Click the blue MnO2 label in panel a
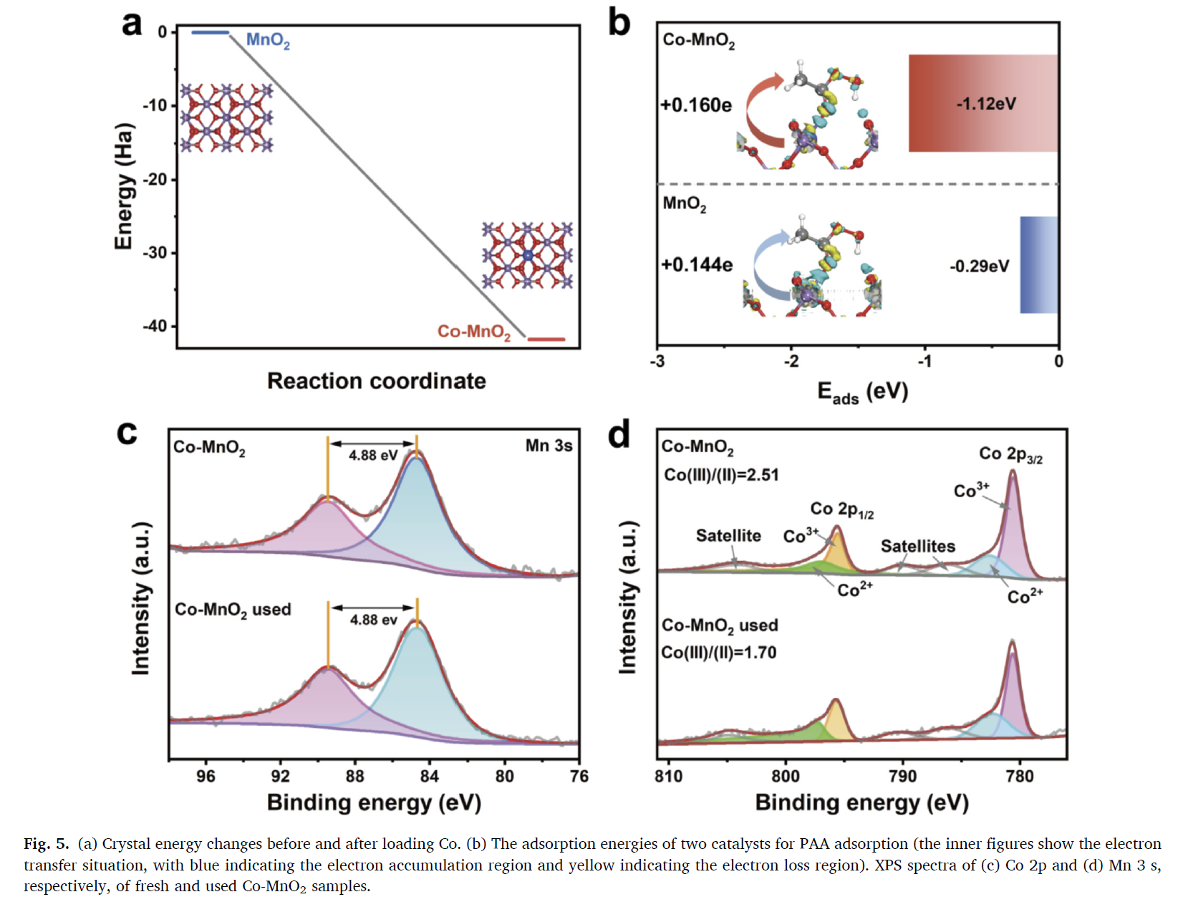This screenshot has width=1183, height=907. [268, 40]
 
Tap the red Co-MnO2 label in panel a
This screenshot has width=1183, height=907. [474, 332]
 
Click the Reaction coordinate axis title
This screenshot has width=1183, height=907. [376, 380]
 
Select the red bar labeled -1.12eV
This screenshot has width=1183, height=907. [983, 103]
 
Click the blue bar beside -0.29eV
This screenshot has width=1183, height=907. [1038, 265]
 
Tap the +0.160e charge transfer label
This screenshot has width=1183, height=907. [696, 105]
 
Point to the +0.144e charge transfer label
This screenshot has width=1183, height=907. [697, 265]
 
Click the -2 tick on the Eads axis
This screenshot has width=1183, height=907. [791, 361]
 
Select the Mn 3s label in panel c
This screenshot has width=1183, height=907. [549, 446]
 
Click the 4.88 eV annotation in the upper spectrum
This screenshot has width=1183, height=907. [373, 455]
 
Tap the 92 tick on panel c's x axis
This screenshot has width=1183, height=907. [280, 776]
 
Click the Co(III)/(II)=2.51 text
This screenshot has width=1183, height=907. [721, 475]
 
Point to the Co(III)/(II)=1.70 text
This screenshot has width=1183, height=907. [719, 653]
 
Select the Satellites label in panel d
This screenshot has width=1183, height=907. [917, 547]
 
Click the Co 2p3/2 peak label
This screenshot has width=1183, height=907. [1010, 454]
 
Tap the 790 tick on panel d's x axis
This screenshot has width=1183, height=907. [902, 776]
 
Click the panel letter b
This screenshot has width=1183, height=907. [619, 23]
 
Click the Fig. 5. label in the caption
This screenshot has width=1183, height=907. [47, 843]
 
